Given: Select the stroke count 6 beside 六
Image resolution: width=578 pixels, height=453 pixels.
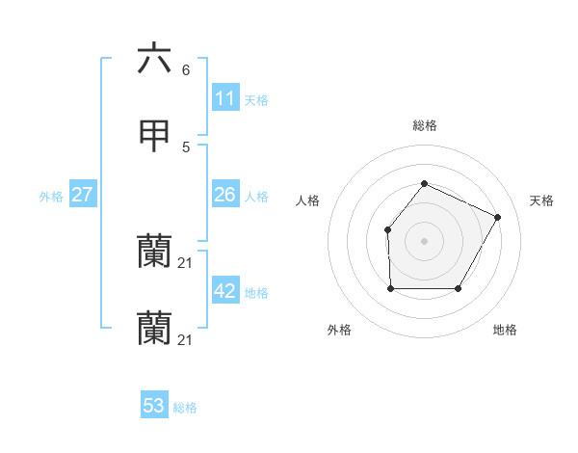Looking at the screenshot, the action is point(185,69).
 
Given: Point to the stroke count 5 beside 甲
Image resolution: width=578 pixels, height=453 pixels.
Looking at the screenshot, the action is point(185,147).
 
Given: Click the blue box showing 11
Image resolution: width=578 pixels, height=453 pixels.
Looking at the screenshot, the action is point(224,98).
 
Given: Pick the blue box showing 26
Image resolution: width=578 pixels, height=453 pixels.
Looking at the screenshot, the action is point(224,195).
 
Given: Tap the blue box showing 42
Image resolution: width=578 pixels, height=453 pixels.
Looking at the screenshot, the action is point(224,291).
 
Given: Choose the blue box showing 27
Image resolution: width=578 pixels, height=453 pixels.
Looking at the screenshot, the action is point(82,195).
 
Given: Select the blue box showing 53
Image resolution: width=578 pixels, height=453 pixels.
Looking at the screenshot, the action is point(154,406).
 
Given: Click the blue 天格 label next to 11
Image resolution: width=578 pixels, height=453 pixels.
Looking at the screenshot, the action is point(256,99).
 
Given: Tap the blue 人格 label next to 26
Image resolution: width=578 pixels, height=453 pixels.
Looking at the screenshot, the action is point(256,196).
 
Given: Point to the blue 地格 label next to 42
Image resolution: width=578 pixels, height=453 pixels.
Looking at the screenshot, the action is point(256,292).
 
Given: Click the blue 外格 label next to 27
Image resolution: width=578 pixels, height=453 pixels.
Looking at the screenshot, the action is point(51,196).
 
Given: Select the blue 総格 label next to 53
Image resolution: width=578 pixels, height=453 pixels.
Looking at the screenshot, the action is point(185,407).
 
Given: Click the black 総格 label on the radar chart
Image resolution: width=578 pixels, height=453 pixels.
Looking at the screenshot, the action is point(424,125).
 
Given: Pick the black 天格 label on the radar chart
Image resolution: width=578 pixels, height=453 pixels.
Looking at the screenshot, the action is point(541,200).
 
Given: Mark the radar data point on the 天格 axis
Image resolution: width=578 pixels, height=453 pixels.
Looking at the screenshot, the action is point(498,217).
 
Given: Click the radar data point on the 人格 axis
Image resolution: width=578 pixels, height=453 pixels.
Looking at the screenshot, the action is point(387,229).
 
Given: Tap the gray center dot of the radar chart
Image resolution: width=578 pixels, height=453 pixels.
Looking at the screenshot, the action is point(424,241).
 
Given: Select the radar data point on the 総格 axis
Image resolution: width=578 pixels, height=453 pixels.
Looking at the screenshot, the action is point(424,183).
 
